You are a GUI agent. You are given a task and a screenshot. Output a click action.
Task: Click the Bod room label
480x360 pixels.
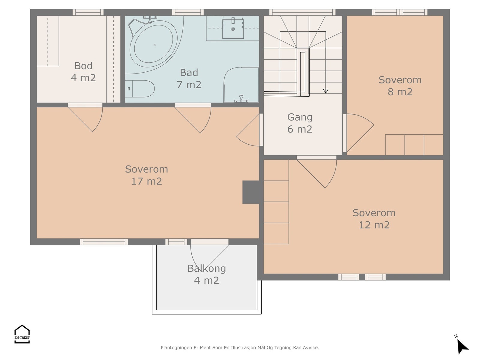pos(83,72)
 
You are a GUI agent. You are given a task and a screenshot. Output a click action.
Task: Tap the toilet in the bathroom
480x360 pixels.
pos(140,89)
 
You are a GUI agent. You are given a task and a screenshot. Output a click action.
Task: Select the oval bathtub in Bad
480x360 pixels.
pos(154,44)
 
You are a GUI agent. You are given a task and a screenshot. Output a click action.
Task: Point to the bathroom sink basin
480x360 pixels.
pos(233,29)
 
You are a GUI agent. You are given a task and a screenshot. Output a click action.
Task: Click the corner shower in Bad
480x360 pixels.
pos(241,85)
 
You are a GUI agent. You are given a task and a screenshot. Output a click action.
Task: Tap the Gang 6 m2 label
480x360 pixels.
pos(300,123)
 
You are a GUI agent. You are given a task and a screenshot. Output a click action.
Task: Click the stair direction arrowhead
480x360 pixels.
pos(325,91)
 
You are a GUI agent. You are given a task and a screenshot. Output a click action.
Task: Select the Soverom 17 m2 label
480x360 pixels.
pos(146,175)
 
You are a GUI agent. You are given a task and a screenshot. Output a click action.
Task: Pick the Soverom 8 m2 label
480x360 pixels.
pos(400,86)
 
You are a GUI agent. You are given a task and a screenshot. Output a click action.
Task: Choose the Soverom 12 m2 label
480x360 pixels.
pos(374,219)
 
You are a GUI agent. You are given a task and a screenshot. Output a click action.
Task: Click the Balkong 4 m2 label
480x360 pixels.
pos(206,274)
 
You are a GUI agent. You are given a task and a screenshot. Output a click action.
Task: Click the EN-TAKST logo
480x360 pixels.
pos(22,334)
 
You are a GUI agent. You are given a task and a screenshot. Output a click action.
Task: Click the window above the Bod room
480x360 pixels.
pos(88,12)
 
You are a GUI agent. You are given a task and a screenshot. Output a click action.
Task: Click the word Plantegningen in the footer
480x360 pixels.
pos(176,347)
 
